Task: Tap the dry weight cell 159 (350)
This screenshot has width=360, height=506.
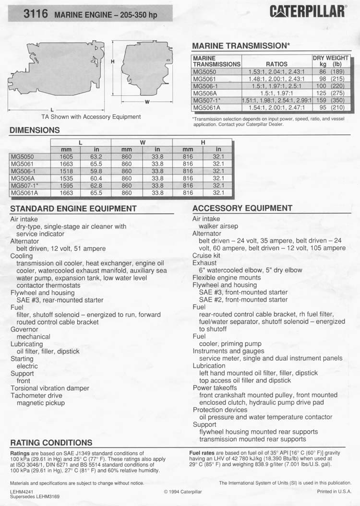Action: tap(331, 101)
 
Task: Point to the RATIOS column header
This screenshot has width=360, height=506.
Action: tap(276, 64)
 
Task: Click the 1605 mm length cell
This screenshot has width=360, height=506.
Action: tap(66, 156)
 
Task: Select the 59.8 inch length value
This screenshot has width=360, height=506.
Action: tap(96, 171)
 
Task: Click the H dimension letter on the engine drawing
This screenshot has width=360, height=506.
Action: tap(112, 62)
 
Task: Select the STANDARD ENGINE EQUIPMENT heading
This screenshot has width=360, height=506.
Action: tap(73, 209)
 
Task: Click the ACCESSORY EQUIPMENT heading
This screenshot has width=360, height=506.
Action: tap(242, 208)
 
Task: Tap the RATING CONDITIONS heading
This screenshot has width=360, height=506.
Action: tap(51, 442)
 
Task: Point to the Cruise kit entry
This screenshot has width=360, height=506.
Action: tap(206, 256)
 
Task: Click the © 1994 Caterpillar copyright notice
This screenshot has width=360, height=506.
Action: tap(183, 492)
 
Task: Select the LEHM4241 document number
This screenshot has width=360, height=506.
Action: tap(22, 492)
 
